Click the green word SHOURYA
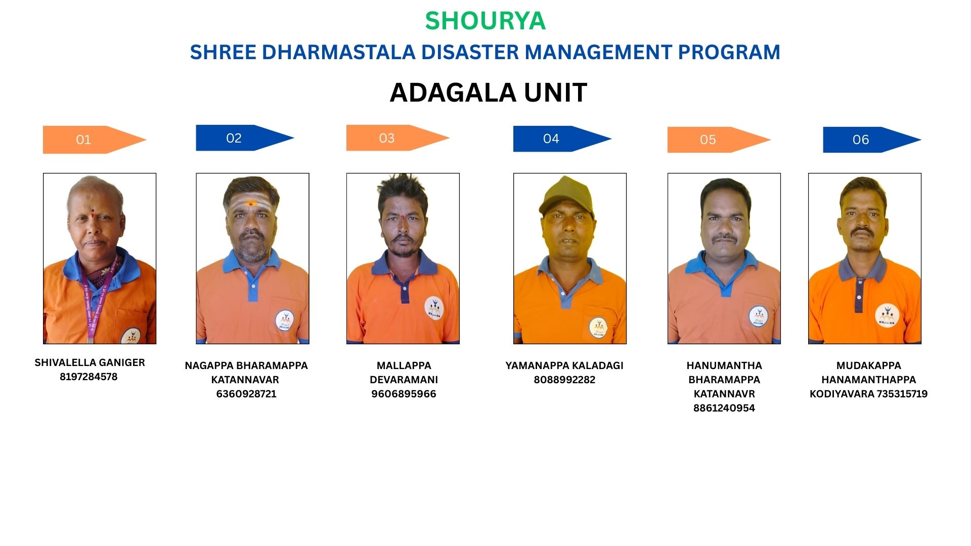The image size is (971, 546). click(x=485, y=21)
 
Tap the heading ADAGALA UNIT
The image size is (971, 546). click(x=488, y=93)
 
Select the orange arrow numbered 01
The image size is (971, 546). click(x=95, y=140)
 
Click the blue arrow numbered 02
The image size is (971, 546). click(x=245, y=138)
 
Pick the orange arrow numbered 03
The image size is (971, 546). click(x=398, y=138)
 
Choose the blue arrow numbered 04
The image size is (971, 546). click(x=562, y=139)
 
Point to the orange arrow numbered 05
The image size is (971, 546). click(x=719, y=140)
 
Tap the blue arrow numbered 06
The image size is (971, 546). click(x=872, y=140)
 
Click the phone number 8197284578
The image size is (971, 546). click(x=89, y=377)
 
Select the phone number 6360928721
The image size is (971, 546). click(x=246, y=394)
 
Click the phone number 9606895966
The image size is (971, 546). click(x=404, y=394)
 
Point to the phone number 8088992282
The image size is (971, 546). click(x=564, y=380)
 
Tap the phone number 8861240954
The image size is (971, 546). click(x=724, y=408)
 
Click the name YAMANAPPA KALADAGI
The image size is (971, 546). click(x=564, y=366)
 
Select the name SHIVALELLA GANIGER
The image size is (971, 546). click(x=90, y=362)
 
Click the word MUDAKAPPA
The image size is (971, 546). click(x=869, y=366)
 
